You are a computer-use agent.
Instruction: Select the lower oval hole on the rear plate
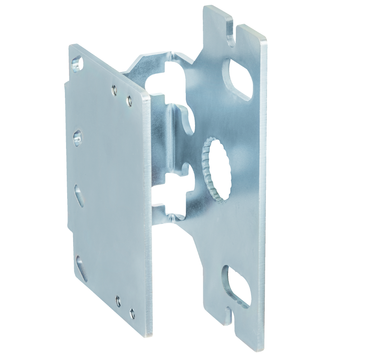(x=236, y=286)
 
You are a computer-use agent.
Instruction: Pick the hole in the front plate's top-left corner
(x=77, y=63)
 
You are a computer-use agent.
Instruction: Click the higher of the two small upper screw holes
(x=115, y=89)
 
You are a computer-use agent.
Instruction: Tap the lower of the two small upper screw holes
(x=129, y=101)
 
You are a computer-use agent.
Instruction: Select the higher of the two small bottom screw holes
(x=118, y=301)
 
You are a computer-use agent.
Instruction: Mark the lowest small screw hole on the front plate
(x=132, y=313)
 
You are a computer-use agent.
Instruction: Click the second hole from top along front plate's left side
(x=78, y=137)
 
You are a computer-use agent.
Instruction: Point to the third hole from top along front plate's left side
(x=79, y=194)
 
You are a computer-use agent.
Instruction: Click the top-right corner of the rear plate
(x=265, y=39)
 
